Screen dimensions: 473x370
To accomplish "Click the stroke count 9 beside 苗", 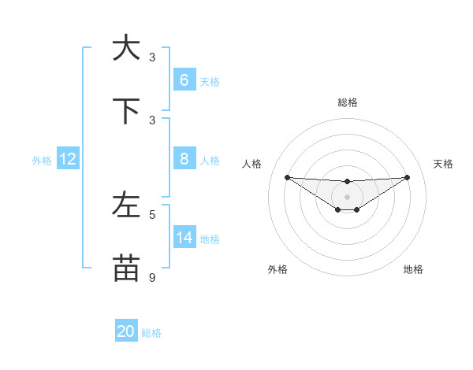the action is click(153, 277).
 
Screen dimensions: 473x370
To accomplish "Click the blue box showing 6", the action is click(184, 80).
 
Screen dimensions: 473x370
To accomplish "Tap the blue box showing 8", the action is click(184, 159).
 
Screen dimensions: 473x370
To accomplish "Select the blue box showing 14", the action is click(184, 237).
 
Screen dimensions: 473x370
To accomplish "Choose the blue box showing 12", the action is click(68, 159).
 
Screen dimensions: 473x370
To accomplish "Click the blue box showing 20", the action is click(126, 331).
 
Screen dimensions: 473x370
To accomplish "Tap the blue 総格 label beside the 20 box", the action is click(151, 333).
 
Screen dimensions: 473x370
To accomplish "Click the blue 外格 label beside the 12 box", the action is click(42, 161).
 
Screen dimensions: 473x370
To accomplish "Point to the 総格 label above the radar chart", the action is click(347, 102).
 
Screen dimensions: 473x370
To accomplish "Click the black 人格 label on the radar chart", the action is click(252, 164).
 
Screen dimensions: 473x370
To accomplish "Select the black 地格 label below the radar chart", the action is click(413, 269).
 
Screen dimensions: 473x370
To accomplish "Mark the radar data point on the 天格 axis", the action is click(407, 177).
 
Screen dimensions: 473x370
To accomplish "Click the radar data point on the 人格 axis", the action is click(287, 177).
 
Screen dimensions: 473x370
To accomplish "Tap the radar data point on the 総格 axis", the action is click(347, 182).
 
